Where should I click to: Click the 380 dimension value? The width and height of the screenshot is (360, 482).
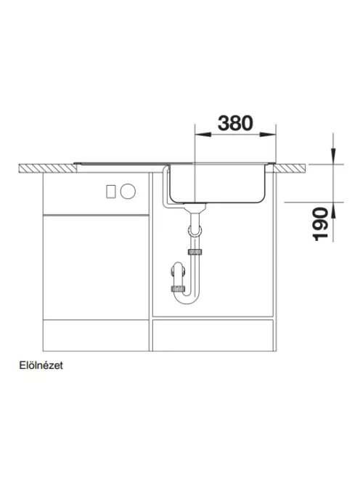pos(235,123)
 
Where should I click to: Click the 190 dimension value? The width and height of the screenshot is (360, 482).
pos(320,224)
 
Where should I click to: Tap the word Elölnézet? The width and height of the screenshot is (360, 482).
pos(41,365)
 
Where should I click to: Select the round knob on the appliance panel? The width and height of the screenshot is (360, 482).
pos(128,191)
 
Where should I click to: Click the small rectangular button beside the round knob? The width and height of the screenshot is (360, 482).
pos(110,192)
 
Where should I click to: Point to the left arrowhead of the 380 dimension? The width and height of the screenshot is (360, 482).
pos(203,134)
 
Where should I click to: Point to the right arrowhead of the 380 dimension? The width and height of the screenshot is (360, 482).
pos(268,134)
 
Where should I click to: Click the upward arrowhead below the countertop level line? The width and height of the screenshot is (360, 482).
pos(333,211)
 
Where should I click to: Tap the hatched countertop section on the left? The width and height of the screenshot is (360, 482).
pos(48,168)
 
